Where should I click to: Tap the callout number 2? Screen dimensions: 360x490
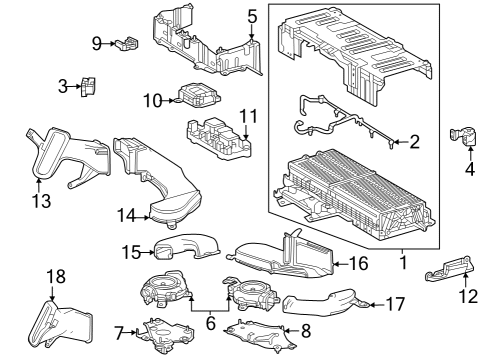[414, 143]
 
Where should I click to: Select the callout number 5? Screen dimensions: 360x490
[252, 16]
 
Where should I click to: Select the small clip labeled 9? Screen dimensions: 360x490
[127, 42]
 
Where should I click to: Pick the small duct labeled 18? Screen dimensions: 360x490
[66, 322]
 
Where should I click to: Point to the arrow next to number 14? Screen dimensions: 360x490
[146, 214]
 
